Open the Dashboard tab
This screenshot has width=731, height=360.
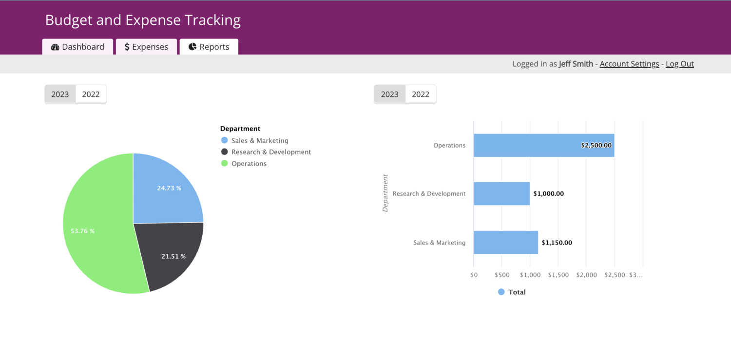[x=77, y=47]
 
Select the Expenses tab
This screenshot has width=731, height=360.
[x=146, y=47]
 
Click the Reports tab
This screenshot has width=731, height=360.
[x=209, y=47]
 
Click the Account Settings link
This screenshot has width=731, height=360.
[x=629, y=64]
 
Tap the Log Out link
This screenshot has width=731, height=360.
[x=679, y=64]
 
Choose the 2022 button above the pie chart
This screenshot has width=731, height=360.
[x=91, y=94]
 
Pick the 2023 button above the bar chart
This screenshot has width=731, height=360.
[x=389, y=94]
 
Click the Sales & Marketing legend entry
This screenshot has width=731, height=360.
[x=259, y=140]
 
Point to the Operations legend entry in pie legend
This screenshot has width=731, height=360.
[x=249, y=164]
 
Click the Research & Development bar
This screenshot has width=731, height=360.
[x=501, y=193]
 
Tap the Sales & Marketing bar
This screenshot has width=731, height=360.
[x=505, y=242]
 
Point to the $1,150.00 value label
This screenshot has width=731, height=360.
[x=557, y=243]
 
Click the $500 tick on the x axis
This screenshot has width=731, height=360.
[x=502, y=275]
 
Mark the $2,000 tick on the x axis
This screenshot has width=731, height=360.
[x=586, y=275]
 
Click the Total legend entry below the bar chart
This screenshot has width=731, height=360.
[x=512, y=292]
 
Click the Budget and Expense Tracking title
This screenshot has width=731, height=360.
[x=143, y=20]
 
